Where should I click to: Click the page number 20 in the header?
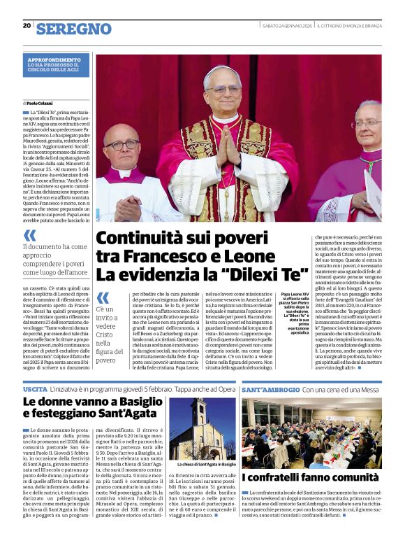pos(27,25)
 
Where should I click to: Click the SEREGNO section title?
pos(73,28)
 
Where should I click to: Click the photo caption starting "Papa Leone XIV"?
pos(297,314)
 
